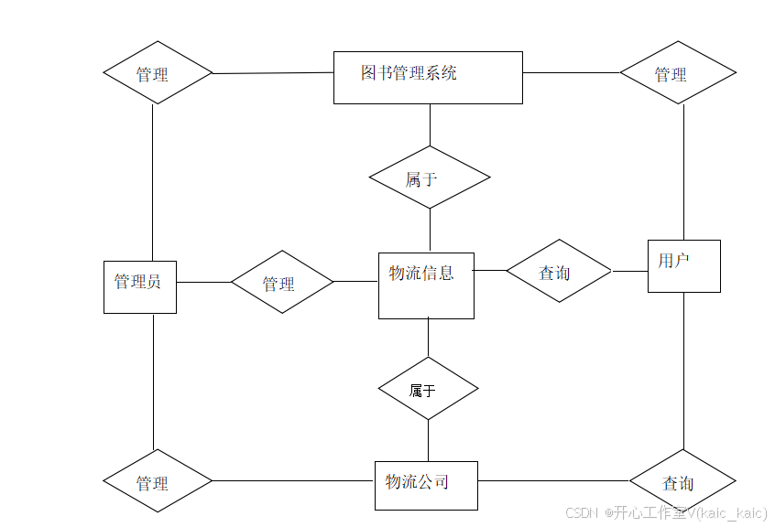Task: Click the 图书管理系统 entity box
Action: pyautogui.click(x=428, y=78)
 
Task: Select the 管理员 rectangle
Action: pyautogui.click(x=139, y=286)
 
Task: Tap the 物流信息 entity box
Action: pyautogui.click(x=426, y=285)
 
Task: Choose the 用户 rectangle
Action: pyautogui.click(x=683, y=265)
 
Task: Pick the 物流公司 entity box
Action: pyautogui.click(x=426, y=485)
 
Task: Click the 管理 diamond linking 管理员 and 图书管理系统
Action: pyautogui.click(x=158, y=72)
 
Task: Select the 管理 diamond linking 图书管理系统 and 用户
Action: pyautogui.click(x=678, y=72)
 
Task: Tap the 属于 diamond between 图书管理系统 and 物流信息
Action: pyautogui.click(x=429, y=177)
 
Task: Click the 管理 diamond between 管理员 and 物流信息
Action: pyautogui.click(x=282, y=282)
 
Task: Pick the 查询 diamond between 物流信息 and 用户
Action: pyautogui.click(x=559, y=271)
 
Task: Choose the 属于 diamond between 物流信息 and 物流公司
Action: pyautogui.click(x=428, y=389)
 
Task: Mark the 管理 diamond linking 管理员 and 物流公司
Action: pyautogui.click(x=158, y=480)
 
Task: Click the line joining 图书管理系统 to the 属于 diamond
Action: pyautogui.click(x=430, y=124)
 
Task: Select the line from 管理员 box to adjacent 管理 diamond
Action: pyautogui.click(x=203, y=282)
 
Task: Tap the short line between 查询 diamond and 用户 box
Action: pyautogui.click(x=629, y=271)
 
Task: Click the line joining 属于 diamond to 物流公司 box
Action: pyautogui.click(x=428, y=440)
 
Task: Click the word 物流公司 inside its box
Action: pyautogui.click(x=418, y=481)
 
